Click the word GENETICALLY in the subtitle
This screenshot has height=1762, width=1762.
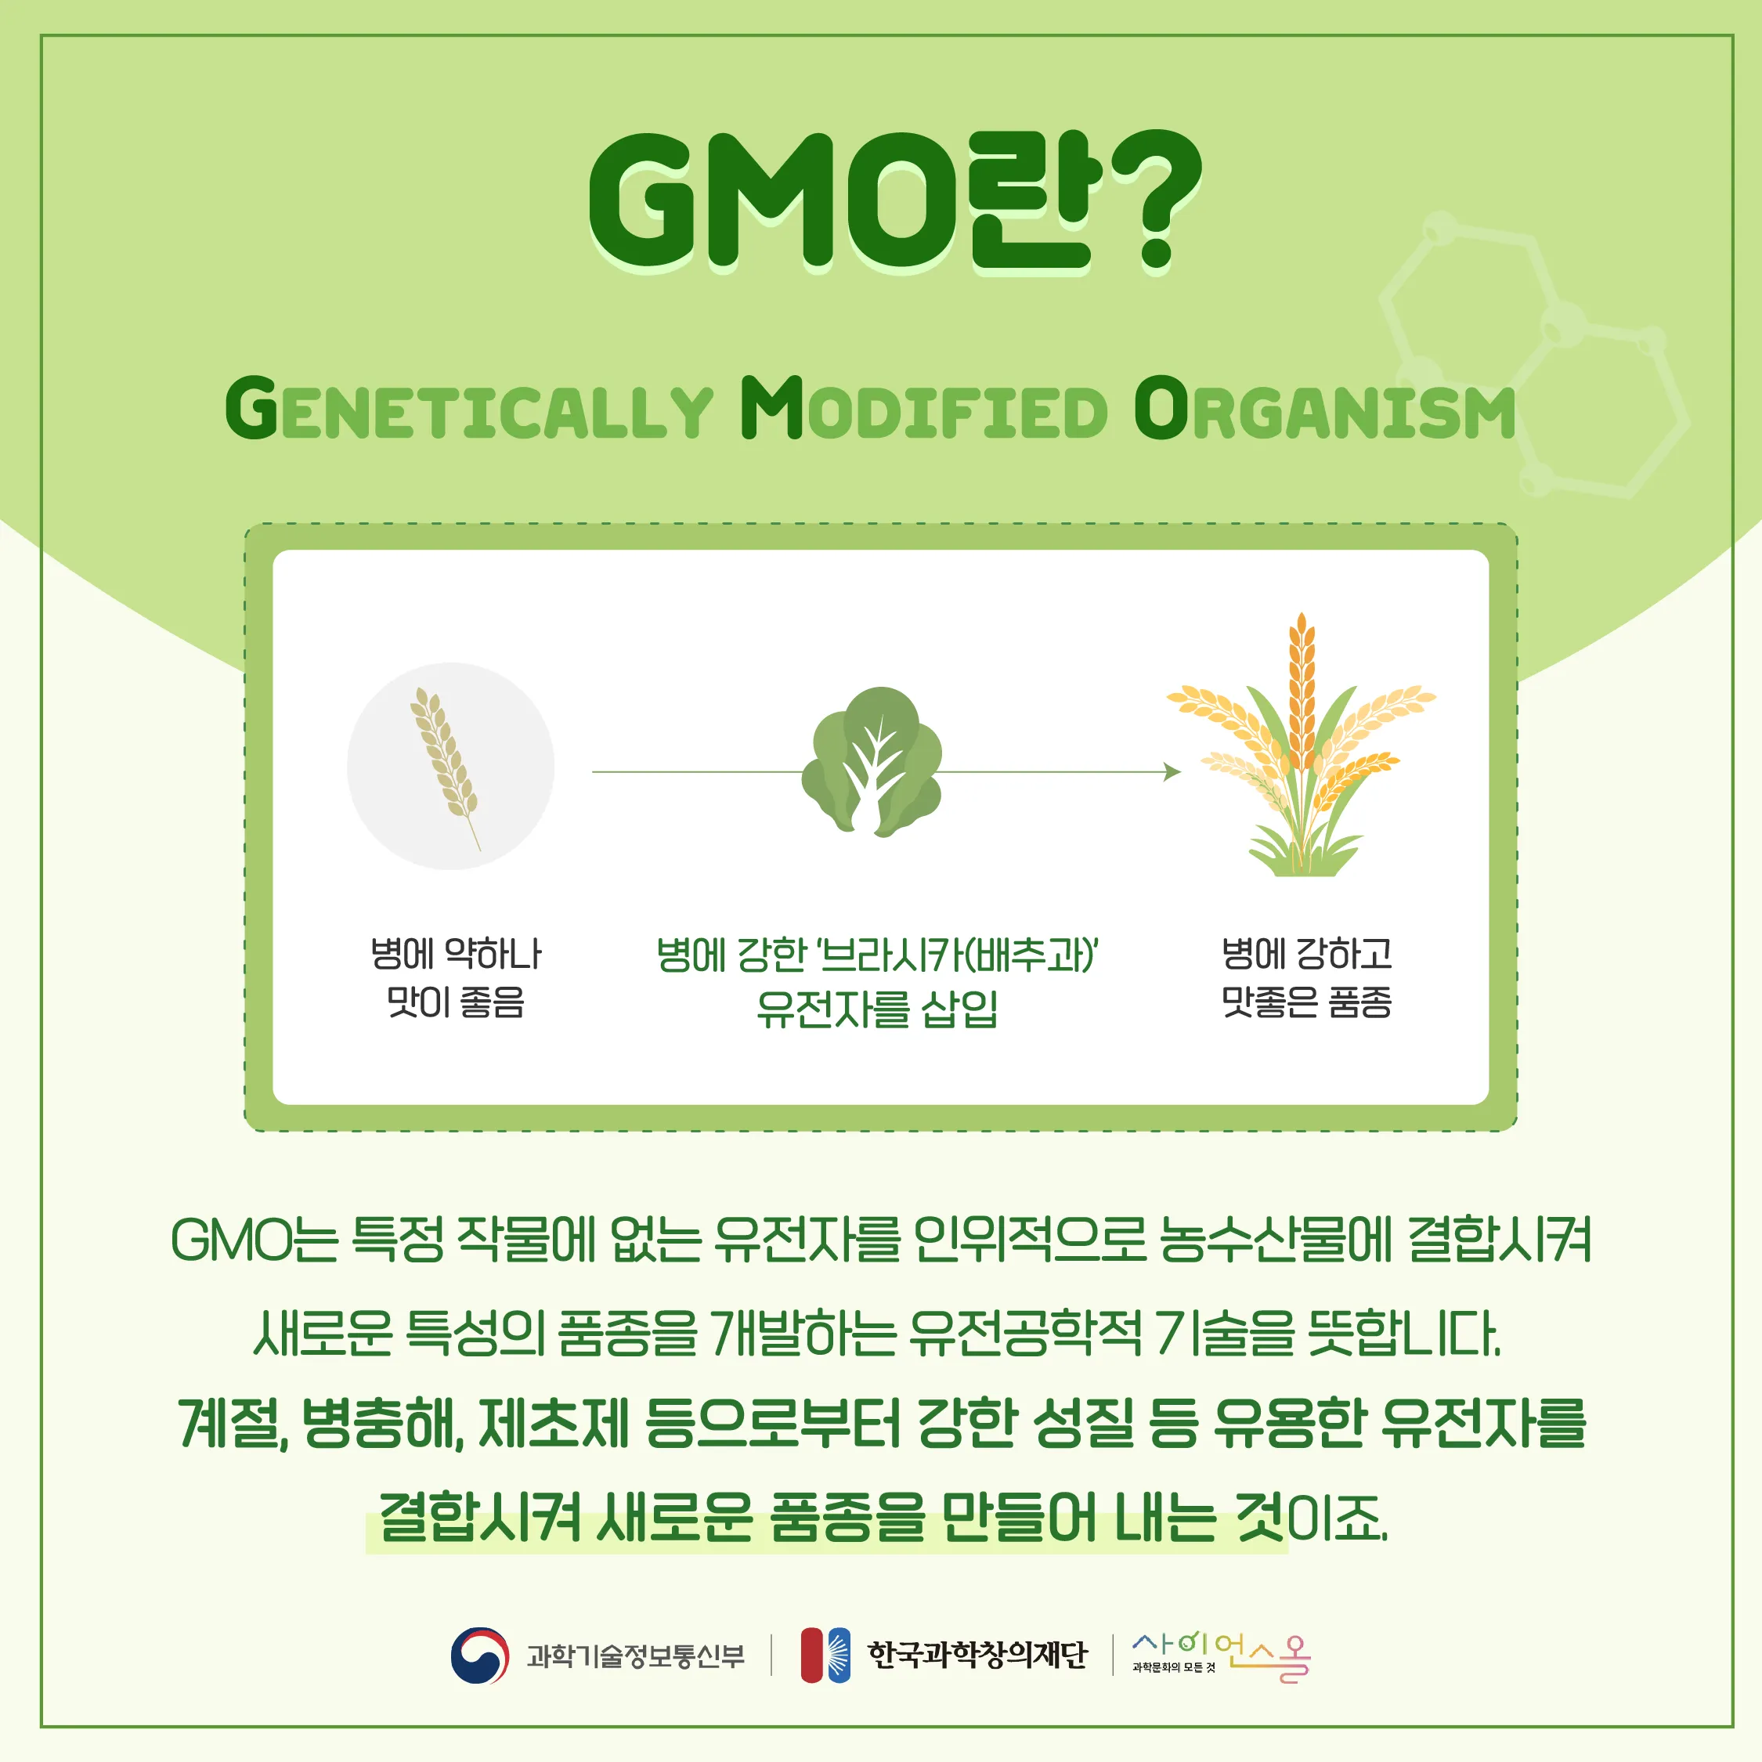point(469,410)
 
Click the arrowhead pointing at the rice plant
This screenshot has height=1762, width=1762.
point(1172,771)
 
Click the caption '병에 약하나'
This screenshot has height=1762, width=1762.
point(455,954)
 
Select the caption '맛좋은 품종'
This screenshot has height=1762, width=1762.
point(1306,1002)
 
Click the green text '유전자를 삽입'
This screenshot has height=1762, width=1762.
point(876,1009)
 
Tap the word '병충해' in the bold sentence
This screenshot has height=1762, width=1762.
point(382,1423)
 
